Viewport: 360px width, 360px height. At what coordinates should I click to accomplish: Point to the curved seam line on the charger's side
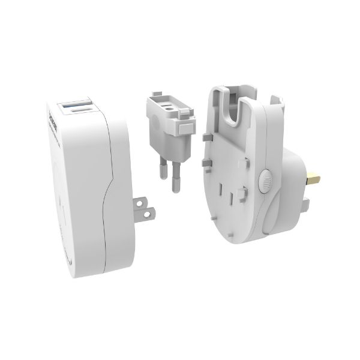[x=107, y=192]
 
